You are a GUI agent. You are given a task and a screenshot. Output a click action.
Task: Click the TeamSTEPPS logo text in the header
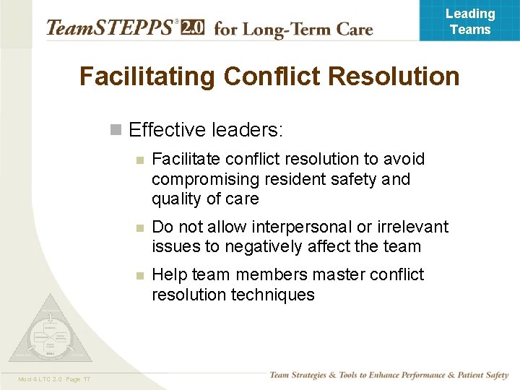[108, 28]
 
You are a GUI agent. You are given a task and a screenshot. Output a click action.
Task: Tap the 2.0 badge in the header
[192, 28]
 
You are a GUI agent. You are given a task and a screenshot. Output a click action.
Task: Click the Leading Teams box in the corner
[469, 21]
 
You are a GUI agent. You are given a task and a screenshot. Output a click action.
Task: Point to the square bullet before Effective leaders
[115, 130]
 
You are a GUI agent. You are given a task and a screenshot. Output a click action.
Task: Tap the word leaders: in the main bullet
[248, 130]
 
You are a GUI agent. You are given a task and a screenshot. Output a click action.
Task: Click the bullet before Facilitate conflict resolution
[142, 160]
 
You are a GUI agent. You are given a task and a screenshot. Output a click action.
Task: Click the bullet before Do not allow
[142, 227]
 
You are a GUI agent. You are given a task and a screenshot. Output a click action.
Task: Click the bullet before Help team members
[142, 276]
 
